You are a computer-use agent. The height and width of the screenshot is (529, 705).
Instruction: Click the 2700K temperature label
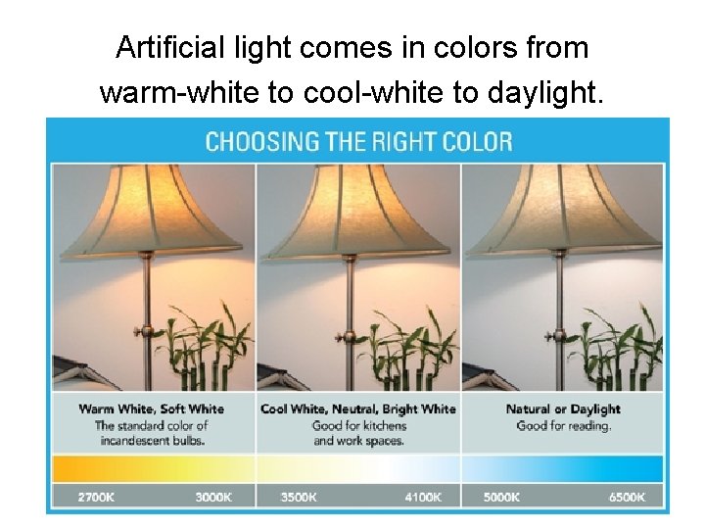(97, 497)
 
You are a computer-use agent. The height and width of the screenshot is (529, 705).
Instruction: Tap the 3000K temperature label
(213, 497)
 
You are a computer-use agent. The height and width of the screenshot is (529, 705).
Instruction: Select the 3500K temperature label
(299, 497)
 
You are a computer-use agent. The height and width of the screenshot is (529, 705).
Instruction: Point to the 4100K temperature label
(424, 497)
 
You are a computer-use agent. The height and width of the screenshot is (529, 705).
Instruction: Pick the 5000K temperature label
(501, 497)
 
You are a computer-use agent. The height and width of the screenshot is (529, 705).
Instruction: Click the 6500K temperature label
(627, 497)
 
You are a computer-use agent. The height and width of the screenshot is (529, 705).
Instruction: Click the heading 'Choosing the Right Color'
(358, 142)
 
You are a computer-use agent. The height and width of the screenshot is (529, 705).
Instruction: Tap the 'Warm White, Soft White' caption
(152, 409)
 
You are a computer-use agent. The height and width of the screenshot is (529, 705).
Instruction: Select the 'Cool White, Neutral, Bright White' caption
(358, 409)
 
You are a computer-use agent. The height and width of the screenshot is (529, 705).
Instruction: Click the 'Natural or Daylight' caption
(563, 409)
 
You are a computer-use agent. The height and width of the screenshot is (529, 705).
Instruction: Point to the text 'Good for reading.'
(563, 425)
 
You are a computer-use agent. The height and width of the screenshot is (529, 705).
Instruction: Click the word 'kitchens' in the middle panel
(383, 425)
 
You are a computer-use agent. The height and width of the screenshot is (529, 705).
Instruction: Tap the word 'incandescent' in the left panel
(133, 440)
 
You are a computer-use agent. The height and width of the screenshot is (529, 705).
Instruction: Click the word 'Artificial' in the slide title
(164, 47)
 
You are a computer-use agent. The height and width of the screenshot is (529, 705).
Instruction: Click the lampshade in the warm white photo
(147, 211)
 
